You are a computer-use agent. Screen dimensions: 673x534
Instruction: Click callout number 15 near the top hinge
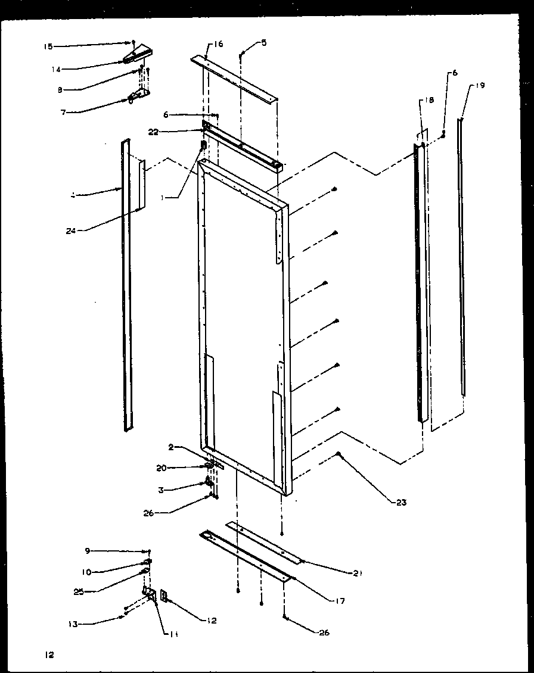pos(48,46)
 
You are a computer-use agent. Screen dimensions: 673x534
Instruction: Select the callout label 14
pos(55,69)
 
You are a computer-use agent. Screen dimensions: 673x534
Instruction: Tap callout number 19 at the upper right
pos(480,86)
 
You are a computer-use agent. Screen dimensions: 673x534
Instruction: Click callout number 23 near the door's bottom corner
pos(401,503)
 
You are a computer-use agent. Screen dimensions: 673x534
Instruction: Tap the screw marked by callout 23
pos(338,454)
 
